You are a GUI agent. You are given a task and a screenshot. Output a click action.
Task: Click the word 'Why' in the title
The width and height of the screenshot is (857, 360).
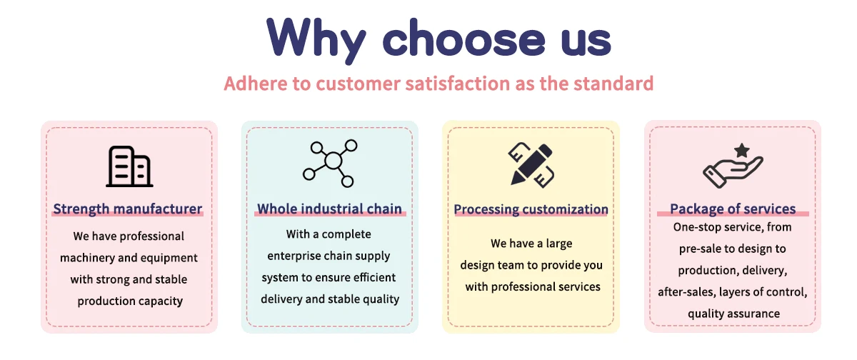[x=316, y=41]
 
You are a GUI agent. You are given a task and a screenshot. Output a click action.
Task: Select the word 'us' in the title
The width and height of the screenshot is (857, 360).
[x=586, y=42]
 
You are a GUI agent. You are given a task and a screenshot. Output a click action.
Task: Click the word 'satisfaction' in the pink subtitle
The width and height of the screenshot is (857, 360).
[x=458, y=84]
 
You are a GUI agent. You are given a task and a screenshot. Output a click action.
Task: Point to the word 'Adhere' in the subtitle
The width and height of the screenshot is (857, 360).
[x=255, y=84]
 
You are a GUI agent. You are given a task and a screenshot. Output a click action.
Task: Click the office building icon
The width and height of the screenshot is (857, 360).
[x=129, y=166]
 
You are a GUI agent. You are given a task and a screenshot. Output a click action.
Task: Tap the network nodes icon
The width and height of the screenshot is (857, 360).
[x=330, y=164]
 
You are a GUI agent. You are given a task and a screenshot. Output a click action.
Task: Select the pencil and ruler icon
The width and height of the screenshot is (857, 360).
[x=531, y=165]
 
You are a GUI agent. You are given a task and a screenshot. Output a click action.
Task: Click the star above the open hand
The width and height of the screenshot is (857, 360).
[x=742, y=150]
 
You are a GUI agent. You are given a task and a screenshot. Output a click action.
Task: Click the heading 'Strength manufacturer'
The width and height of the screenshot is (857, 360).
[x=127, y=209]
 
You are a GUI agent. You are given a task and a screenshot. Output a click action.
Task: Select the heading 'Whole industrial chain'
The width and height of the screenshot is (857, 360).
[x=329, y=209]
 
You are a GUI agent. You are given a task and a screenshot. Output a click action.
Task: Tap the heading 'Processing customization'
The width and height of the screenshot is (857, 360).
[x=531, y=210]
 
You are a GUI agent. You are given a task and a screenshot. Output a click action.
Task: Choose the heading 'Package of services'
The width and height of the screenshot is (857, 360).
[x=733, y=209]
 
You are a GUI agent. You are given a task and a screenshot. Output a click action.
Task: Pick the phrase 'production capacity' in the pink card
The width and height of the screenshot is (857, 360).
[x=130, y=301]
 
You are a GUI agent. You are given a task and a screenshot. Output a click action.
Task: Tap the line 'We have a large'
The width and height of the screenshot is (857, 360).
[x=531, y=244]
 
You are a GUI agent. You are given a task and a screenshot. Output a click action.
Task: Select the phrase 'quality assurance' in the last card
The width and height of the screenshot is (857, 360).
[x=734, y=314]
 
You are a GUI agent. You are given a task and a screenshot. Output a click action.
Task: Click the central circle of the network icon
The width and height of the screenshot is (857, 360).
[x=334, y=160]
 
